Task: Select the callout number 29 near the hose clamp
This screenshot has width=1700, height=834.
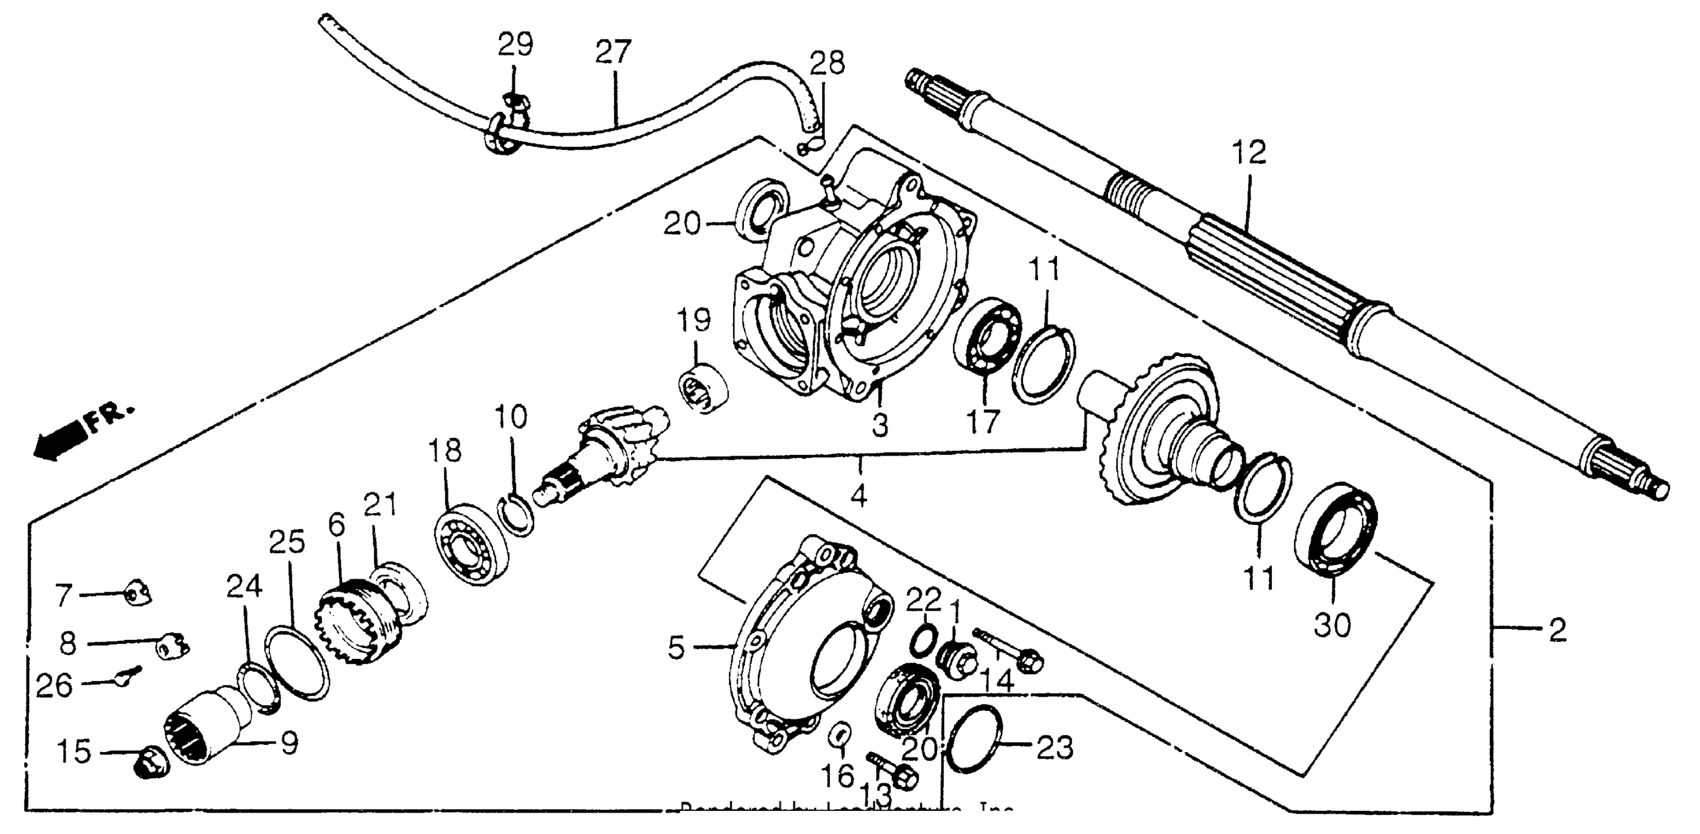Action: point(515,45)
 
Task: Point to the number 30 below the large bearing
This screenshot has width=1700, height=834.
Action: point(1332,625)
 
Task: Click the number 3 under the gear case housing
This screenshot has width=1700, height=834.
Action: point(880,426)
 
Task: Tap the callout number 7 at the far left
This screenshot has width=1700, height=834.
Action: point(63,596)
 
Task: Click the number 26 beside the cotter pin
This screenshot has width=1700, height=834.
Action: point(54,685)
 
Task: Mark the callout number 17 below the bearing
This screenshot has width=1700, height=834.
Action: point(983,422)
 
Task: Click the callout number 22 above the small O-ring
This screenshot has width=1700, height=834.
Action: point(923,601)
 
